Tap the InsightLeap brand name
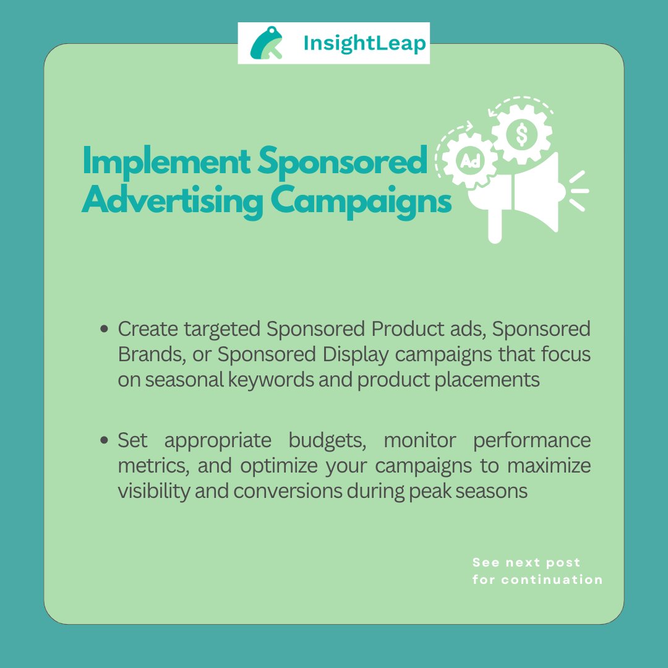tap(365, 44)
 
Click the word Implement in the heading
tap(165, 162)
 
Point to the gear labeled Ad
tap(468, 161)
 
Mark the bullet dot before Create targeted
tap(105, 329)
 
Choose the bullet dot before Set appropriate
tap(105, 441)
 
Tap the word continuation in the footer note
tap(552, 580)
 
